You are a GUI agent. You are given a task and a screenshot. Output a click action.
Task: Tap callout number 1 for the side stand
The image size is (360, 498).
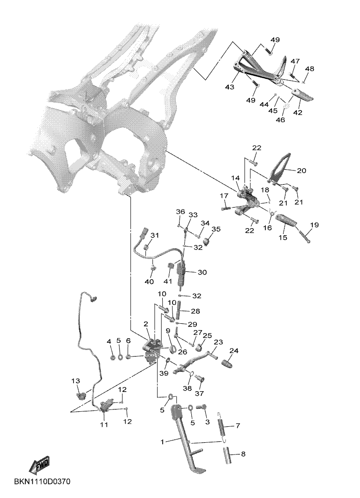[163, 441]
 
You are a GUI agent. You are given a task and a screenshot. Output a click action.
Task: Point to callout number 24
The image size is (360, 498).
[233, 351]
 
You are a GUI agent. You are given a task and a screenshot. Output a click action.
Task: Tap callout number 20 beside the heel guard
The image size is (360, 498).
[301, 171]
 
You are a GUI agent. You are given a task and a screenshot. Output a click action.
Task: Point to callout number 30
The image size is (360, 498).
[202, 272]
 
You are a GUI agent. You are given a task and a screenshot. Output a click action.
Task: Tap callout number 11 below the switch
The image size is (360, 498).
[104, 424]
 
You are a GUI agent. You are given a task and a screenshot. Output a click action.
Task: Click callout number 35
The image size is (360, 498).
[216, 229]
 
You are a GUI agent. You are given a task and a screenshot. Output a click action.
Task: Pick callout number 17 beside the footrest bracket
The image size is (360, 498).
[224, 195]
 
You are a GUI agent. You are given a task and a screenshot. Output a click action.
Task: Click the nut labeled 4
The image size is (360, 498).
[113, 358]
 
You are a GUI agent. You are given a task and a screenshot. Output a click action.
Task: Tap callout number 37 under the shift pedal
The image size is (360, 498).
[199, 392]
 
